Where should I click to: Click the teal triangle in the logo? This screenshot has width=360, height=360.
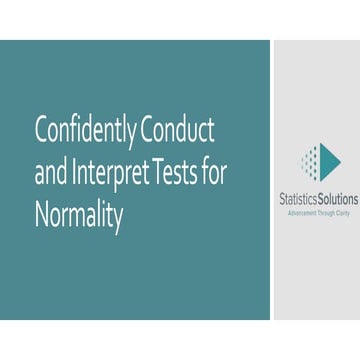331,159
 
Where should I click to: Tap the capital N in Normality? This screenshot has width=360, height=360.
41,216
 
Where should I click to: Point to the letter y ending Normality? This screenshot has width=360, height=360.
119,220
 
